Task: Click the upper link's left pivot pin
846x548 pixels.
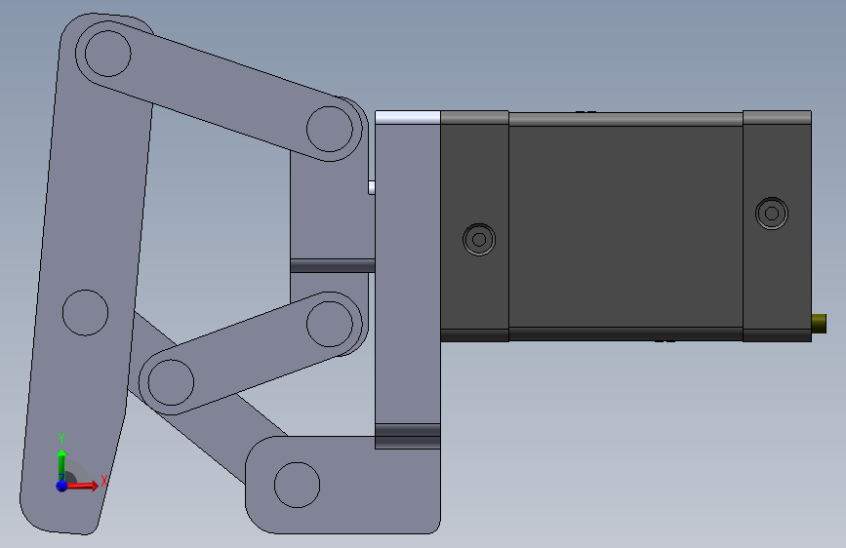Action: [107, 54]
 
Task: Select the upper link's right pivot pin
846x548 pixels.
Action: [330, 128]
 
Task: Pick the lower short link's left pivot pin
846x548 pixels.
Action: [171, 380]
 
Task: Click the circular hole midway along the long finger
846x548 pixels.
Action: [85, 312]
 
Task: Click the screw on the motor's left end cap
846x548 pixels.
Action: [479, 238]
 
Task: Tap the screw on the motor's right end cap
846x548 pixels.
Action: [772, 213]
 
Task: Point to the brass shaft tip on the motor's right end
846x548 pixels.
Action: [819, 322]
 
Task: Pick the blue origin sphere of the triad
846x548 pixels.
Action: [61, 485]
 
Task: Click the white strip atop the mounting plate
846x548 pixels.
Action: [407, 117]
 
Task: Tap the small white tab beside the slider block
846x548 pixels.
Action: [371, 186]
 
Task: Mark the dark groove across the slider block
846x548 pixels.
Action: [332, 265]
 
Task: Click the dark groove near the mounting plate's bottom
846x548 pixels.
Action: [408, 436]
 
